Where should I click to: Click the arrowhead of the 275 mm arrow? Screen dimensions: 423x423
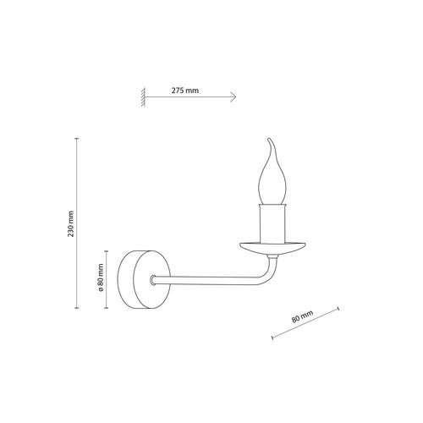click(232, 97)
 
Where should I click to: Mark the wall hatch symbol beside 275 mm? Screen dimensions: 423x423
click(144, 97)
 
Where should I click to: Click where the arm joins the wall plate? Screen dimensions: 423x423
click(153, 278)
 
